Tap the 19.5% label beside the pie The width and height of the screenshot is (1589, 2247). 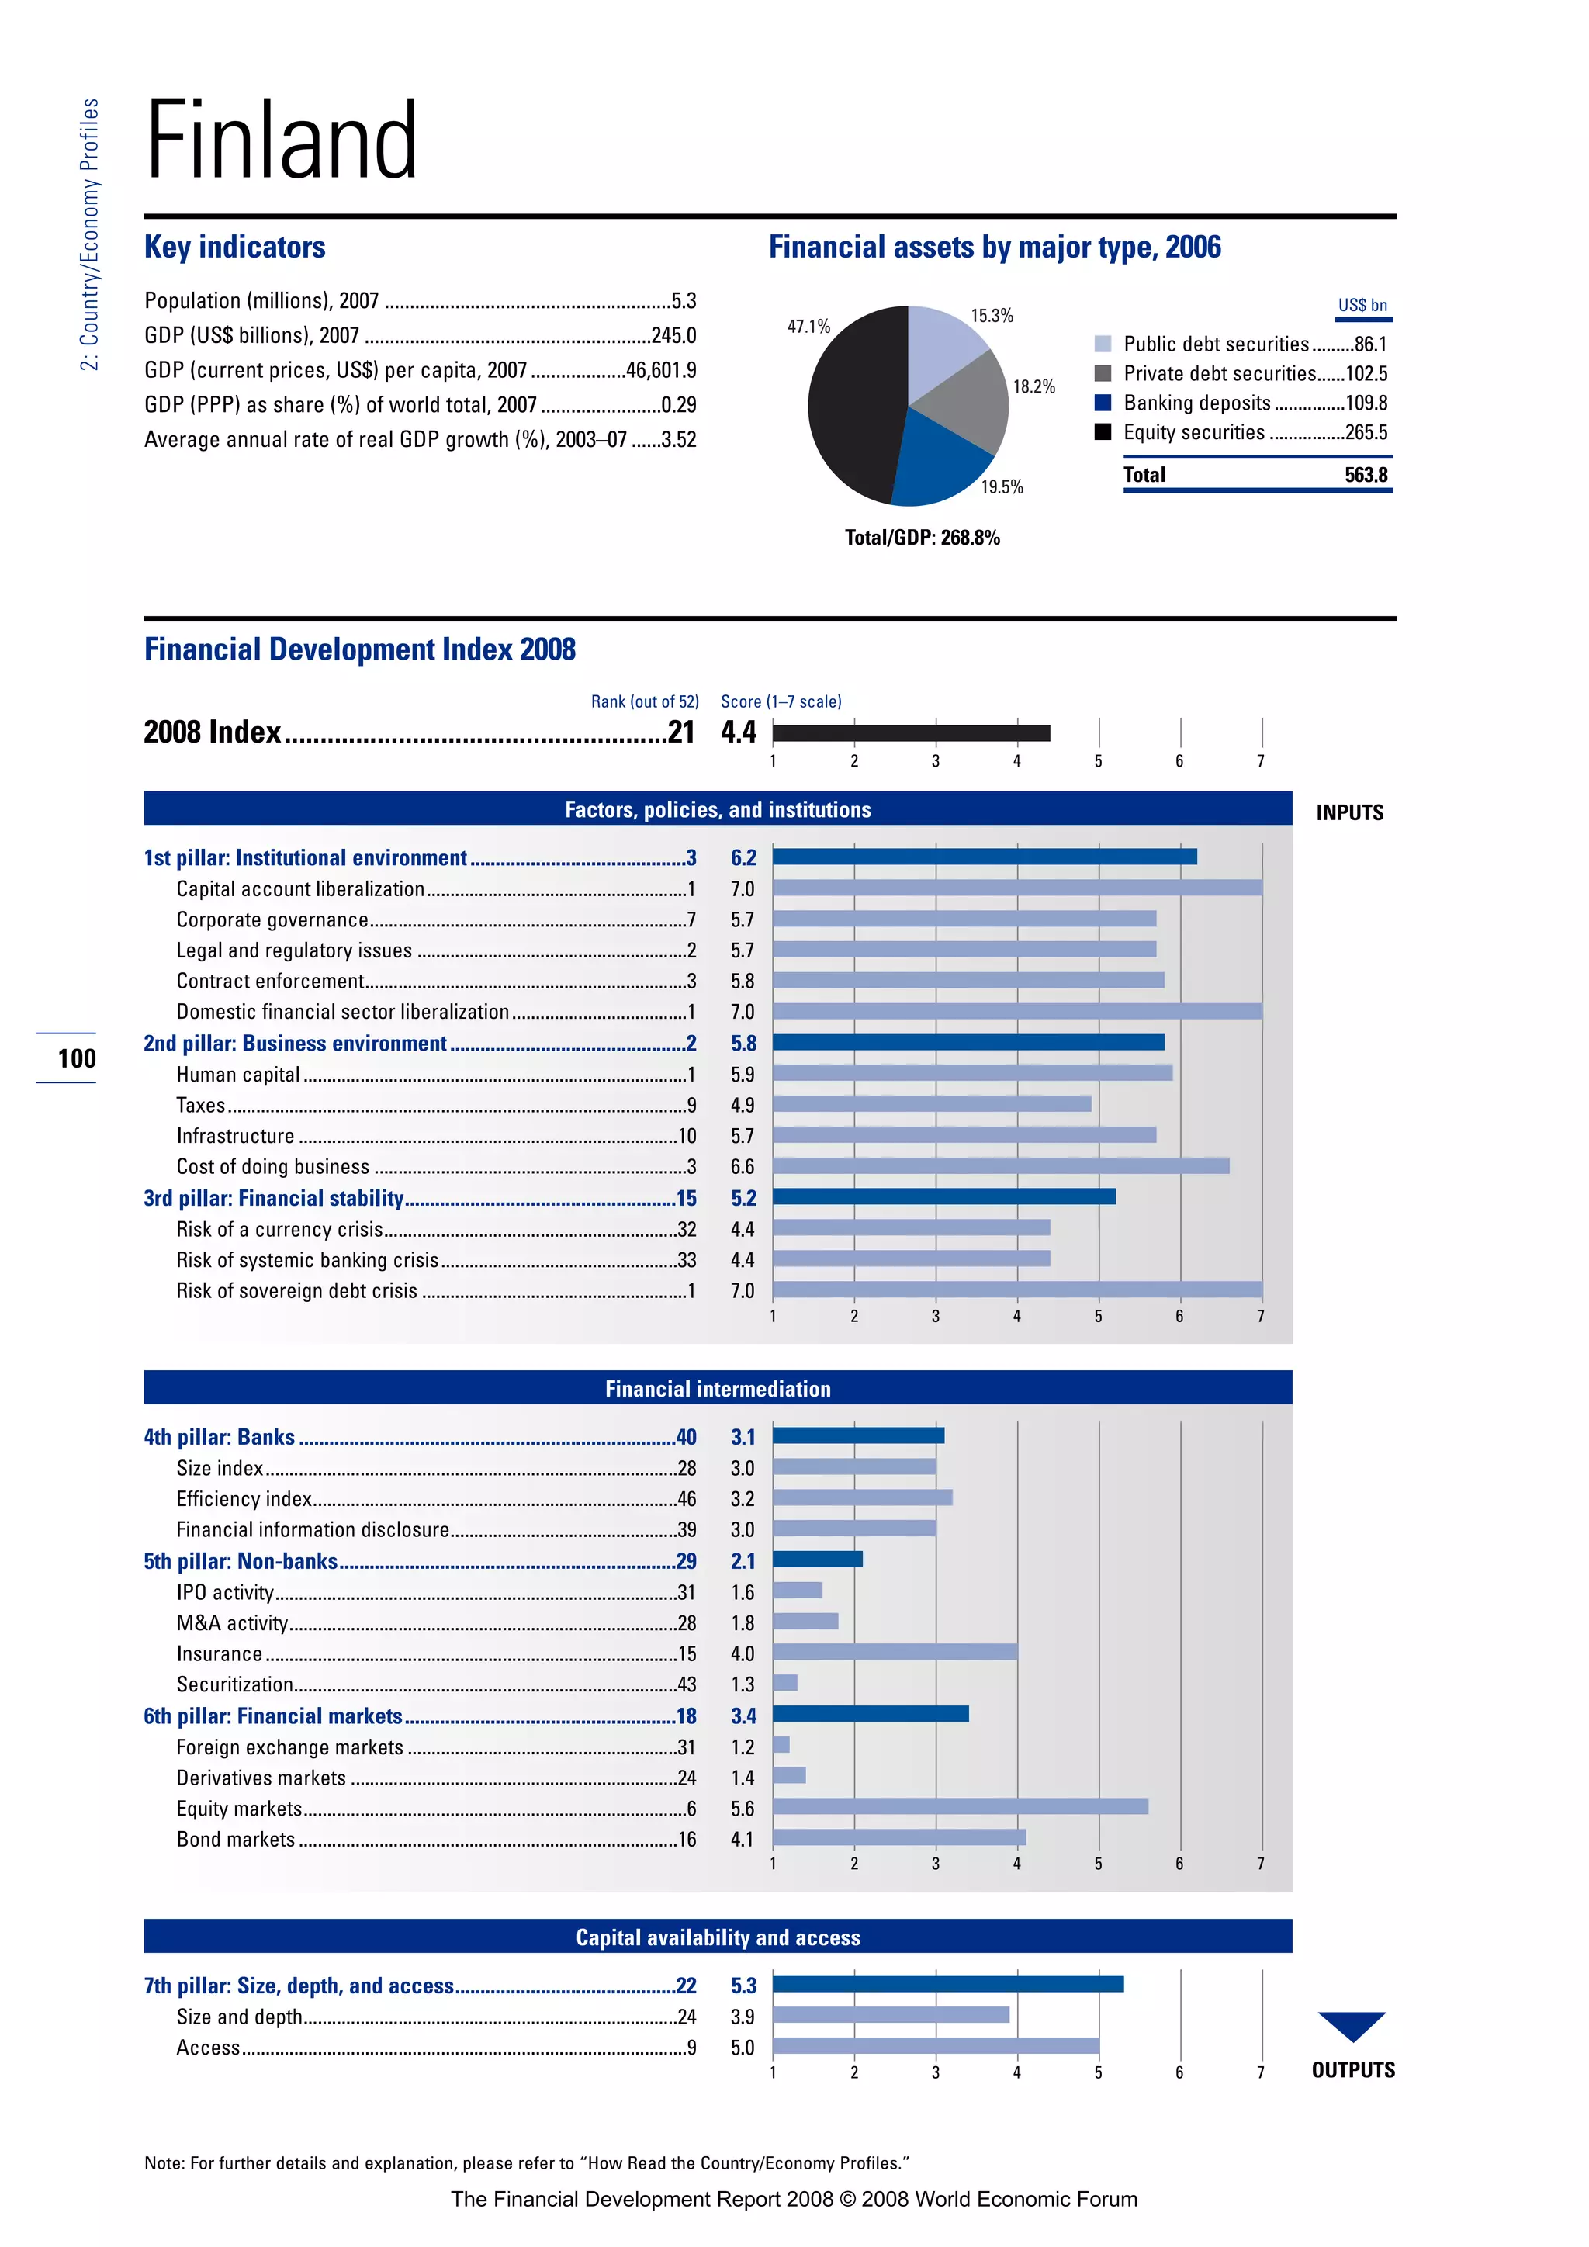(1002, 487)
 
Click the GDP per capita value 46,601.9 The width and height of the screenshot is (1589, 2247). (660, 371)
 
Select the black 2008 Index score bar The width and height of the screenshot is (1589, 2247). (910, 733)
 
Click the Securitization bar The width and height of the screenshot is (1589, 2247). (784, 1683)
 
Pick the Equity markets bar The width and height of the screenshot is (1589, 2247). (959, 1806)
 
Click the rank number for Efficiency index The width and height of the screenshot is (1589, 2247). (687, 1499)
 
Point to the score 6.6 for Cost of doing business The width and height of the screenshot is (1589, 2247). (743, 1166)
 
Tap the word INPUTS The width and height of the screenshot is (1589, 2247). (1349, 813)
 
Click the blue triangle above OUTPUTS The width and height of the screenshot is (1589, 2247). (1352, 2023)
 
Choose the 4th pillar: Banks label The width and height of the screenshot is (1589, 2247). (219, 1438)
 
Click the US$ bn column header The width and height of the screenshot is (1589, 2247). (1362, 306)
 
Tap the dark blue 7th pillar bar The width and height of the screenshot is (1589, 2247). (947, 1985)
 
